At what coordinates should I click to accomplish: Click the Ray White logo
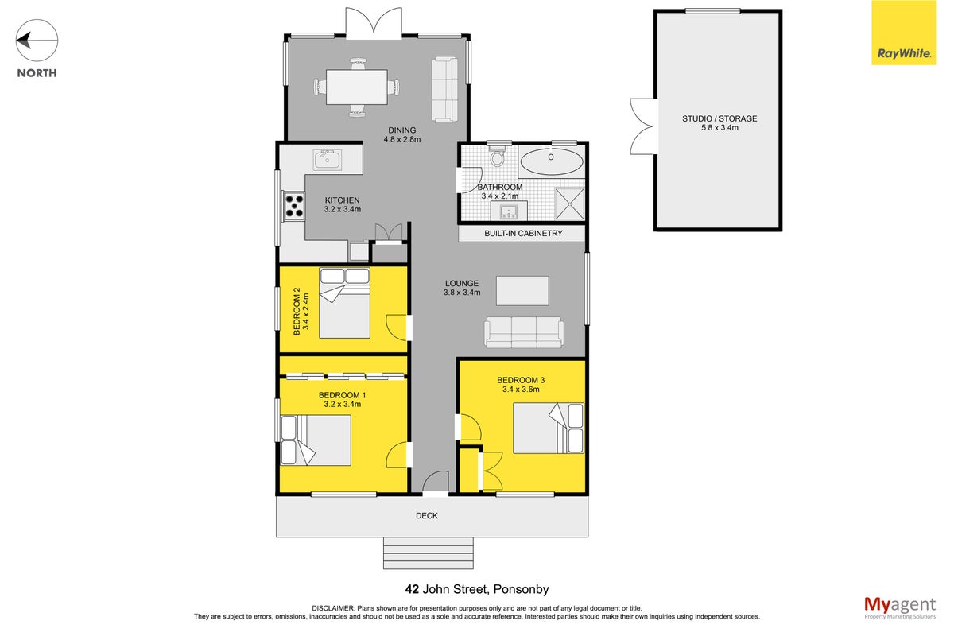(x=903, y=33)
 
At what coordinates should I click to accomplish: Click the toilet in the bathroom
(x=497, y=156)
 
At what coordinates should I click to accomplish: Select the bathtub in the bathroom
(x=552, y=161)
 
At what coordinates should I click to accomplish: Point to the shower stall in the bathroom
(x=569, y=204)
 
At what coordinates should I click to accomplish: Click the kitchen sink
(x=328, y=160)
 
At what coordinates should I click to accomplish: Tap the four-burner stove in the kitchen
(x=294, y=206)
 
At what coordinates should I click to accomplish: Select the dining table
(x=357, y=87)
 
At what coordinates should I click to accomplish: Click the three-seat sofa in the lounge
(x=524, y=332)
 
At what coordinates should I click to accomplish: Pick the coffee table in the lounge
(x=522, y=291)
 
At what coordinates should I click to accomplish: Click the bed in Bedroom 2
(x=344, y=303)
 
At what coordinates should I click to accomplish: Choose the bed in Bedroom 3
(x=549, y=429)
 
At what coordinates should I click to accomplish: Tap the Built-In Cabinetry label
(x=523, y=234)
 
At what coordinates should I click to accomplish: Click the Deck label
(x=427, y=516)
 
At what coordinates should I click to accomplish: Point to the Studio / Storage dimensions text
(x=719, y=128)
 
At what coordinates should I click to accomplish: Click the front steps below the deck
(x=429, y=553)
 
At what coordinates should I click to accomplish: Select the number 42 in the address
(x=412, y=589)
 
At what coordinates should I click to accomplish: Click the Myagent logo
(x=900, y=607)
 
